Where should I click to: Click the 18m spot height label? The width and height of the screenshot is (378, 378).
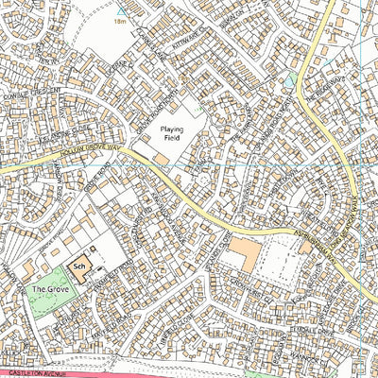coord(119,20)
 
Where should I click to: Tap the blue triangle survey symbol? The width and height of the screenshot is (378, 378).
coord(120,9)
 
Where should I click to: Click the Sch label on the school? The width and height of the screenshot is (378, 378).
coord(80,267)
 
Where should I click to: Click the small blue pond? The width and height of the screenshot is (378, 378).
coord(287,83)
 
